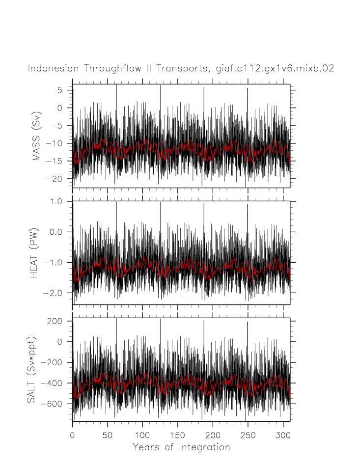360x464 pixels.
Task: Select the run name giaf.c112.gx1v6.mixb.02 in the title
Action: [275, 69]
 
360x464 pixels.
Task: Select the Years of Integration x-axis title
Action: [181, 447]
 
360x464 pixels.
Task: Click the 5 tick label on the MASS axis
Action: [59, 90]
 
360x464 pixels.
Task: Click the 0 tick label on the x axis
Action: [72, 435]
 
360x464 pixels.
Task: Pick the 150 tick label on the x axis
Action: [177, 435]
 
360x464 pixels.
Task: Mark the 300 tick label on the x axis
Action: [283, 435]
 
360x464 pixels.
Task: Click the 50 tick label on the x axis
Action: [107, 435]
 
